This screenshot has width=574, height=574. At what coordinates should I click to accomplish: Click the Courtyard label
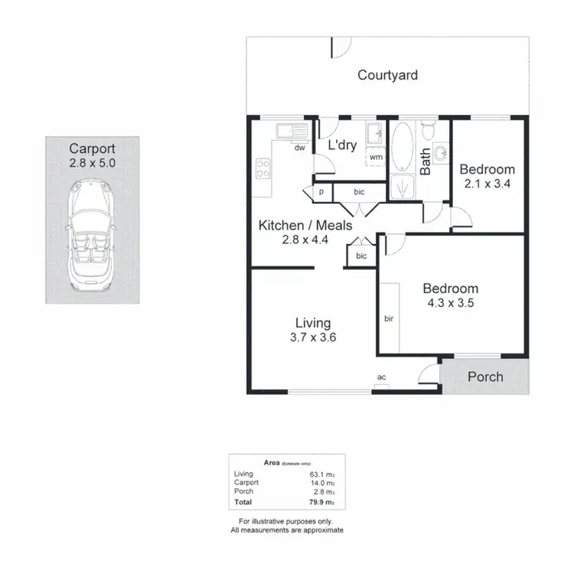[388, 75]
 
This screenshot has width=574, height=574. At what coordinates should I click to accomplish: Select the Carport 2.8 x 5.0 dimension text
[92, 164]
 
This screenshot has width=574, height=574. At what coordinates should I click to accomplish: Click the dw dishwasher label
[300, 148]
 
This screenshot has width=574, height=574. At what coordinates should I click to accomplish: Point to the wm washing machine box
[376, 157]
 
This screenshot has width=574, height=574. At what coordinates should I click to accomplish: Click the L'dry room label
[342, 145]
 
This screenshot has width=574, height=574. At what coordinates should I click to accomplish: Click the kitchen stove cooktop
[263, 167]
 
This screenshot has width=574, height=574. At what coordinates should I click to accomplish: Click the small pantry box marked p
[321, 191]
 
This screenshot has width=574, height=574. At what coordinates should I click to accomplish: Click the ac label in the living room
[381, 377]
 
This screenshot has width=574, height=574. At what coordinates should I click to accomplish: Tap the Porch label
[485, 377]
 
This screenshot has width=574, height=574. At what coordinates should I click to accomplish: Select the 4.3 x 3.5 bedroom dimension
[451, 303]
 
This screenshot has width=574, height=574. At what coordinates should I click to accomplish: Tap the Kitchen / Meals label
[305, 225]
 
